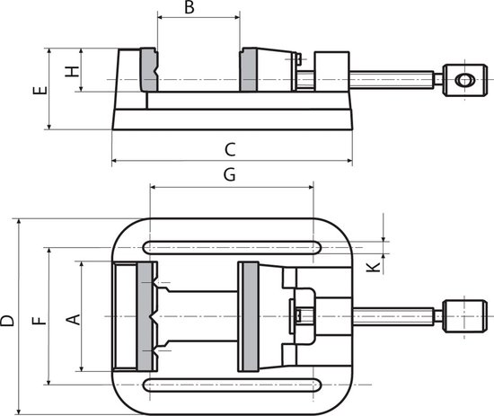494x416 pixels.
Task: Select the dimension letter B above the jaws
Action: pyautogui.click(x=189, y=8)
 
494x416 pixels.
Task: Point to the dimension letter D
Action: pyautogui.click(x=8, y=319)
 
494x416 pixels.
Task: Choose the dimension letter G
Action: pyautogui.click(x=229, y=176)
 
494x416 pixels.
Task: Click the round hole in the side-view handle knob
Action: pyautogui.click(x=464, y=80)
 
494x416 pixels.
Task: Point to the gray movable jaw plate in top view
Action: pyautogui.click(x=248, y=315)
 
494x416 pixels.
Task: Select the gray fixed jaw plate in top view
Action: pyautogui.click(x=146, y=315)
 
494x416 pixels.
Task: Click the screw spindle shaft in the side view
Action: pyautogui.click(x=395, y=80)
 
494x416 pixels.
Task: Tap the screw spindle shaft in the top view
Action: pyautogui.click(x=395, y=316)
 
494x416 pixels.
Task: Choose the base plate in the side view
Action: pyautogui.click(x=230, y=119)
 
